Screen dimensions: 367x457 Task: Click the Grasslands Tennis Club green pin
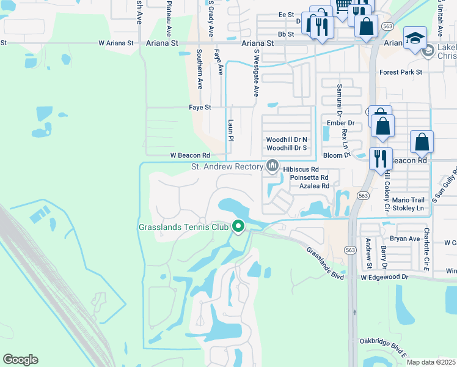point(238,226)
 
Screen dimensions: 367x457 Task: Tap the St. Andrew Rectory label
point(226,166)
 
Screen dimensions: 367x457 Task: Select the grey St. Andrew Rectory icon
point(272,166)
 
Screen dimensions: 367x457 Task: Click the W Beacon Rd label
point(189,155)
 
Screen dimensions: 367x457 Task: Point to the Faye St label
point(200,107)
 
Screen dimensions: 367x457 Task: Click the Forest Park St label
point(401,72)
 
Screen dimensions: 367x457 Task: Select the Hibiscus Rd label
point(301,169)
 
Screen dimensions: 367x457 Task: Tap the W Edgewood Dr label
point(384,277)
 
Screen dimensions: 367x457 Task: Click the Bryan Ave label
point(404,239)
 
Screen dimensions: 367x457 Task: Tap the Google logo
point(20,360)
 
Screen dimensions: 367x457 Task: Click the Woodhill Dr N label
point(287,140)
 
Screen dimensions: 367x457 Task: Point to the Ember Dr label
point(341,123)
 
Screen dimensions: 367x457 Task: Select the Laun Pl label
point(231,130)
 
